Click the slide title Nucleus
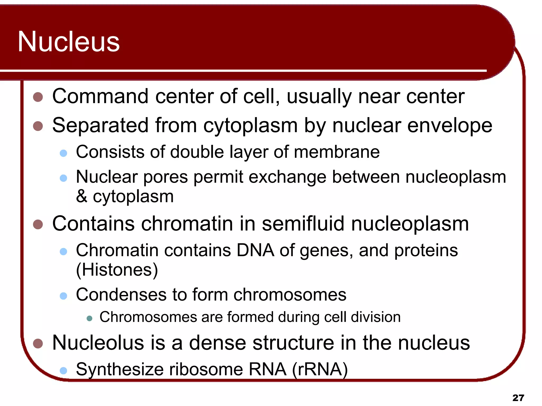coord(69,42)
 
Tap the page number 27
coord(518,398)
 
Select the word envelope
coord(450,126)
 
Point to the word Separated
coord(101,125)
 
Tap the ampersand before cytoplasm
coord(82,196)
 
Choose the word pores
coord(165,177)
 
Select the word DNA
coord(255,250)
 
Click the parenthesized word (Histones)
coord(117,270)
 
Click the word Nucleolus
coord(98,343)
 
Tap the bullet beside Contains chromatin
coord(38,224)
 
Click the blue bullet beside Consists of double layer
coord(64,153)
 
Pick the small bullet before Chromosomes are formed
coord(89,318)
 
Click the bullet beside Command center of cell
coord(38,97)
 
